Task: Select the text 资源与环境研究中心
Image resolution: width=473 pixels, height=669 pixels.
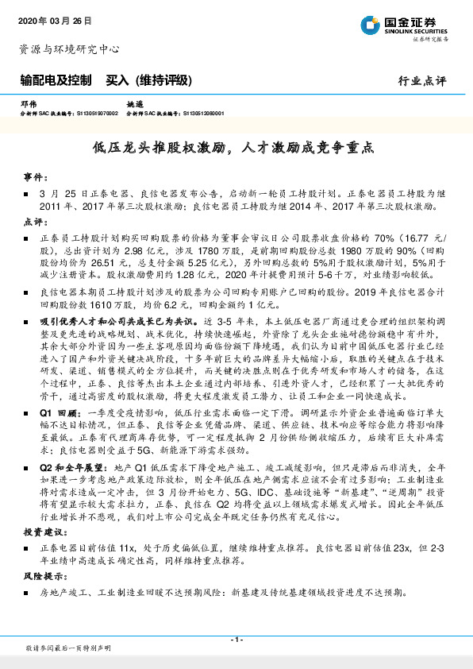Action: point(69,48)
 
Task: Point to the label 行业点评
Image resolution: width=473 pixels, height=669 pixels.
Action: point(422,80)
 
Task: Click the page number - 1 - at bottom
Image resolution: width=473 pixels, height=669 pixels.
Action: point(236,640)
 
